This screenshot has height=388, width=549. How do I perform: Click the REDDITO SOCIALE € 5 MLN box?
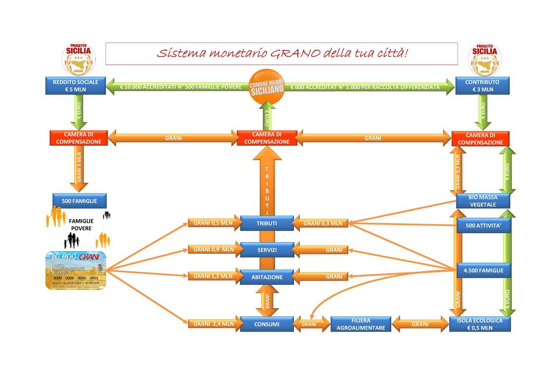(76, 86)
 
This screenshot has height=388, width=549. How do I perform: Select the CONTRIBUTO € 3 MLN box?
(482, 86)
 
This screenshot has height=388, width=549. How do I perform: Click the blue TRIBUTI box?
(267, 223)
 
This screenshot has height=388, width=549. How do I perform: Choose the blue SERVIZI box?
(267, 250)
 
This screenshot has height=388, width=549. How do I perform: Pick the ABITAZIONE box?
(267, 277)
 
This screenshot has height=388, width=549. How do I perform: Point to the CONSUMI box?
(267, 324)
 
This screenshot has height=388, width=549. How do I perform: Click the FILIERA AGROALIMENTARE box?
(360, 324)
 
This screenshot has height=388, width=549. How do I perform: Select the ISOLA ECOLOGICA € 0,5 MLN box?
(480, 324)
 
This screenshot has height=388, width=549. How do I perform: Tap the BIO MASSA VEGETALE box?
(483, 201)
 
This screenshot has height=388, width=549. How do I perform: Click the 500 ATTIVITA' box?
(483, 226)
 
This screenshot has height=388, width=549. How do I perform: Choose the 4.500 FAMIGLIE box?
(483, 270)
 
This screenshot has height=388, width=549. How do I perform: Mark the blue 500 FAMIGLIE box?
(79, 201)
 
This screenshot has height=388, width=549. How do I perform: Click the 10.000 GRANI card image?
(76, 270)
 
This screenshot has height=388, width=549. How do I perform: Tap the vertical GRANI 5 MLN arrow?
(79, 169)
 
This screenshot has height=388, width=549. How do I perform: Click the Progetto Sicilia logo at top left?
(78, 58)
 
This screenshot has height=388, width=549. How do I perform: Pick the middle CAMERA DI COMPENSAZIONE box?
(267, 138)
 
